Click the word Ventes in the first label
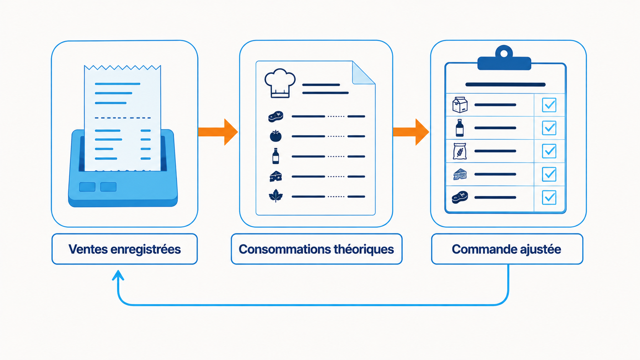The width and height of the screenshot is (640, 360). [x=88, y=249]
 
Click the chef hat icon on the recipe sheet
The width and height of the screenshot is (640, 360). [x=280, y=83]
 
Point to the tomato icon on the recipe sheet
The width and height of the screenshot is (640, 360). [x=276, y=136]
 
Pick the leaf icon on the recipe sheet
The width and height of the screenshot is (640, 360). [x=276, y=196]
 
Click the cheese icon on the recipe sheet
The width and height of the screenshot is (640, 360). [x=276, y=176]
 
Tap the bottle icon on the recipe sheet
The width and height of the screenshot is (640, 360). [x=276, y=156]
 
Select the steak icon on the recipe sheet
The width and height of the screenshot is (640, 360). [x=276, y=116]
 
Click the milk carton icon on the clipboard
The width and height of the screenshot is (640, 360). [x=460, y=105]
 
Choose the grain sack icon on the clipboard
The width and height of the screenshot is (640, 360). [x=460, y=151]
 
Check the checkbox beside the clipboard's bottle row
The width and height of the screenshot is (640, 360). [x=549, y=128]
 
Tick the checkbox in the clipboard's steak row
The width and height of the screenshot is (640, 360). [x=549, y=197]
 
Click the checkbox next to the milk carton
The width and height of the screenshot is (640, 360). [x=549, y=105]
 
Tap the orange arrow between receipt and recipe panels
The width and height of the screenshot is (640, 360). [x=218, y=132]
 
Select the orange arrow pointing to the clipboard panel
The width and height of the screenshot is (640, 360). [x=411, y=132]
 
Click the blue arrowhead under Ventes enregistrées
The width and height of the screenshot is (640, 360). [x=118, y=275]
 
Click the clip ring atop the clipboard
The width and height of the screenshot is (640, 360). [x=504, y=53]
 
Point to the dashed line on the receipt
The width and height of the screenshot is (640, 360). [x=123, y=117]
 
